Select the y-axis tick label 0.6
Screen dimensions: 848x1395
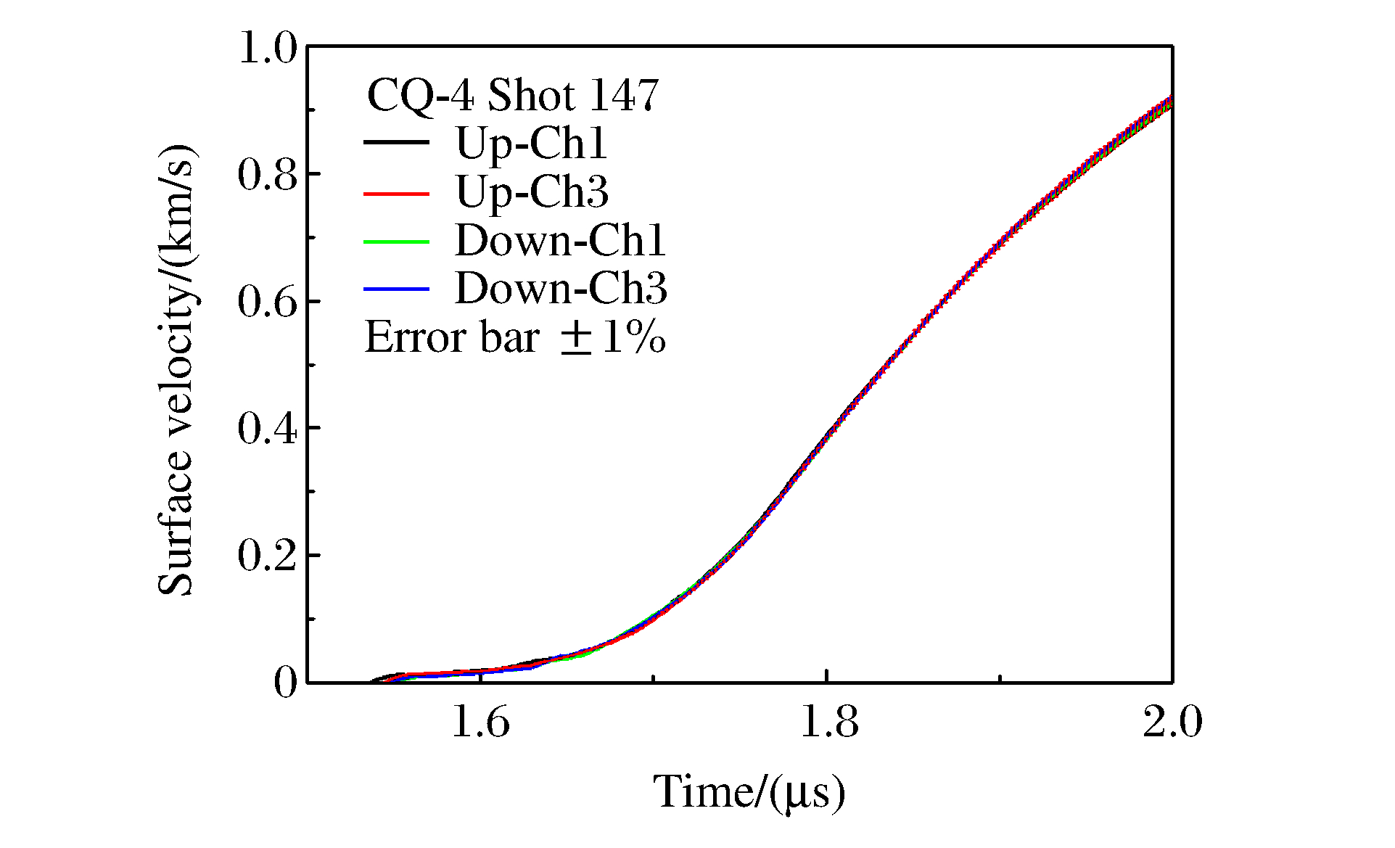(268, 302)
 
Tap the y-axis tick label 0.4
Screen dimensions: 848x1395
(268, 429)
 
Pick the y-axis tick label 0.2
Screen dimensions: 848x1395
(268, 556)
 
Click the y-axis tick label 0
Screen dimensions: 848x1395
(286, 683)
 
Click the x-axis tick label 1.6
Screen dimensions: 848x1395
(481, 723)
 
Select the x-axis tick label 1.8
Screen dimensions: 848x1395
(828, 723)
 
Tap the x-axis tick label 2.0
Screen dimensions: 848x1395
(1172, 723)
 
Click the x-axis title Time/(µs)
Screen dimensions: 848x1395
(749, 791)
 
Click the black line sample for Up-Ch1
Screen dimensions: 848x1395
(396, 143)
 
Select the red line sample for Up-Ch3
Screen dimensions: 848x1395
(396, 193)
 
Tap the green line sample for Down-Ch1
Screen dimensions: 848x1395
(396, 241)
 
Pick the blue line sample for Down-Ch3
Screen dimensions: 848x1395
(396, 289)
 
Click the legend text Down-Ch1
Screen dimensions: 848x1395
(560, 241)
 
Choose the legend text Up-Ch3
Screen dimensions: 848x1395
(532, 192)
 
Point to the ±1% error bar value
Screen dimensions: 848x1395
(614, 337)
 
